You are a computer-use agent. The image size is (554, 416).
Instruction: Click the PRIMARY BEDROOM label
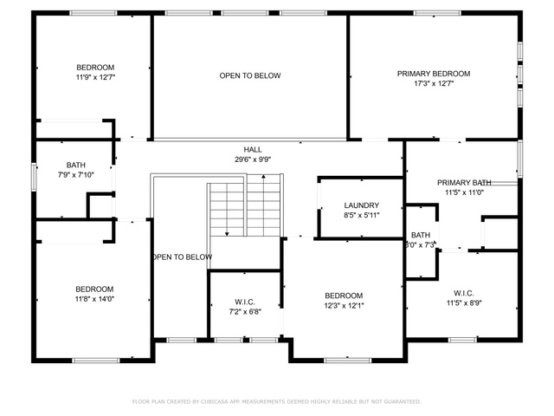[x=434, y=74]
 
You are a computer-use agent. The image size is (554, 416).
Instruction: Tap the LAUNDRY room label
[x=362, y=205]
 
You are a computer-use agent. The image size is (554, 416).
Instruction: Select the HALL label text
[x=253, y=150]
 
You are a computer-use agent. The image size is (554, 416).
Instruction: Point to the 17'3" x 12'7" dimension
[x=434, y=83]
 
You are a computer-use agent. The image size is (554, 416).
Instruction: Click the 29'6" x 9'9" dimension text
[x=253, y=159]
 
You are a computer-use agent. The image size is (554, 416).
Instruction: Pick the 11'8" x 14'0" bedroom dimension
[x=94, y=299]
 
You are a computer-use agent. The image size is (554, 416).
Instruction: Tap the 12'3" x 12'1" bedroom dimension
[x=344, y=305]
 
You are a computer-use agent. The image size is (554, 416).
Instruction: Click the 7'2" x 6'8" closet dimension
[x=245, y=312]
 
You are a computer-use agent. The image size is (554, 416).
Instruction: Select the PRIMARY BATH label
[x=464, y=183]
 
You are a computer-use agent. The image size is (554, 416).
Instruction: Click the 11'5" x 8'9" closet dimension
[x=464, y=302]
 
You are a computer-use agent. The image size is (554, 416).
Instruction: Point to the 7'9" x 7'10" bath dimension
[x=76, y=175]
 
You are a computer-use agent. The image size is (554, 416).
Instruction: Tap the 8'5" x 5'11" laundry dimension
[x=362, y=215]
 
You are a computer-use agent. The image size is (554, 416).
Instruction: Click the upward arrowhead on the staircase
[x=263, y=176]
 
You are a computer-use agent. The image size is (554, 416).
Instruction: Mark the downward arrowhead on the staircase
[x=227, y=234]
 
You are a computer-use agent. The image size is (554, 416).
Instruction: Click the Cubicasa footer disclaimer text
[x=277, y=401]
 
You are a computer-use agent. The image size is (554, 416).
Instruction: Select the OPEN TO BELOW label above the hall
[x=250, y=75]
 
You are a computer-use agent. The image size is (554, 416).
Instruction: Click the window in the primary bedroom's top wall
[x=437, y=13]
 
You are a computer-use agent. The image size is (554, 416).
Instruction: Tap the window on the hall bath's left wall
[x=34, y=177]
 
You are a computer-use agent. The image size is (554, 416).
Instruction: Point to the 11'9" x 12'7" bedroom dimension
[x=95, y=77]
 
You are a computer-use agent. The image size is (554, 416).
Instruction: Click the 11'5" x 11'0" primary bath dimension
[x=464, y=192]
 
